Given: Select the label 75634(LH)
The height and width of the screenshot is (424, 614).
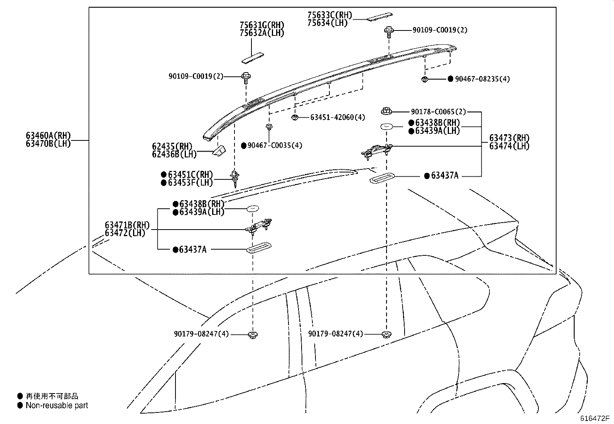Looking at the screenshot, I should tap(327, 23).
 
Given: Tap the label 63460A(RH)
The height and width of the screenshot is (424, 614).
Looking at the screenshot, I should tap(48, 135).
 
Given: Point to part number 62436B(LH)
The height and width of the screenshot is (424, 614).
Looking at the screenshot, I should tap(174, 154).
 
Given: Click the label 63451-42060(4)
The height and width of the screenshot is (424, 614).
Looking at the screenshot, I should tap(337, 117).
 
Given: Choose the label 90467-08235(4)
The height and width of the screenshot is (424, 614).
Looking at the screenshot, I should tap(482, 79).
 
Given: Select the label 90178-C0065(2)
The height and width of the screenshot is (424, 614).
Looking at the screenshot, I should tap(438, 112).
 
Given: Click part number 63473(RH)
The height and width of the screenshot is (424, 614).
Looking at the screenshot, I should tap(509, 138).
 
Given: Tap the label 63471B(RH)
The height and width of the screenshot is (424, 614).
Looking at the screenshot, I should tap(127, 225).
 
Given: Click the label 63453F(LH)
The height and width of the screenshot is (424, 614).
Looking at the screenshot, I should tap(190, 182).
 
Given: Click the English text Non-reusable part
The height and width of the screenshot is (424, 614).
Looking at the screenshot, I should tap(57, 405).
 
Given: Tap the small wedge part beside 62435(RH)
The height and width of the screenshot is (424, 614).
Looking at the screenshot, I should tap(219, 150).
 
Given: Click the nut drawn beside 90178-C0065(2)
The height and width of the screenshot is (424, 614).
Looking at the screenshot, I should tap(386, 111).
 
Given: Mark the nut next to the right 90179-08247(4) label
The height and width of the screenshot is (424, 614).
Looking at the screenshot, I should tap(385, 334).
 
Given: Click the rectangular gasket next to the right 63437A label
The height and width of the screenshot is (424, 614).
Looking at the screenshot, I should tap(381, 178).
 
